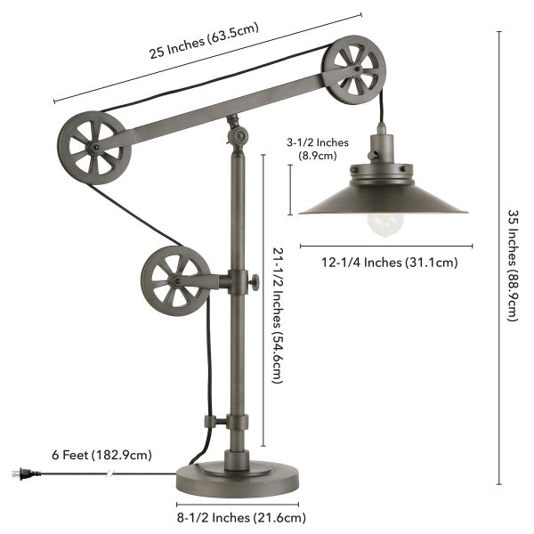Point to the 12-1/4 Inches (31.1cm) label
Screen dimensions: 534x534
coord(384,262)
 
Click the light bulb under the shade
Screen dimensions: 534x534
coord(381,225)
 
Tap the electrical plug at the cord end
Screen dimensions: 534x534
coord(19,473)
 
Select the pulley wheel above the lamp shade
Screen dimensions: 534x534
coord(352,71)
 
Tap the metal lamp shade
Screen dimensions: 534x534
coord(383,196)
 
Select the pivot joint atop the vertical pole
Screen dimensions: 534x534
coord(237,135)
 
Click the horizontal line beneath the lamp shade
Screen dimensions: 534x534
coord(383,245)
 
